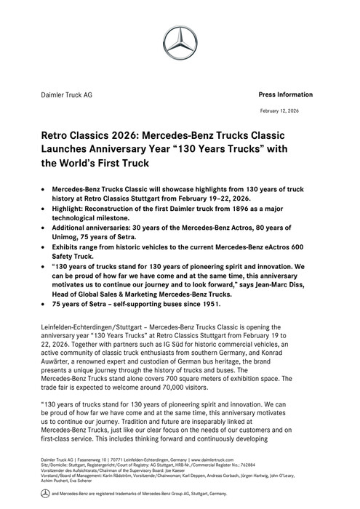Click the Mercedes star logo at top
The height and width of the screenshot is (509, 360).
pyautogui.click(x=180, y=46)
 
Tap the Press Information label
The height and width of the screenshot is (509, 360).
pyautogui.click(x=285, y=95)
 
